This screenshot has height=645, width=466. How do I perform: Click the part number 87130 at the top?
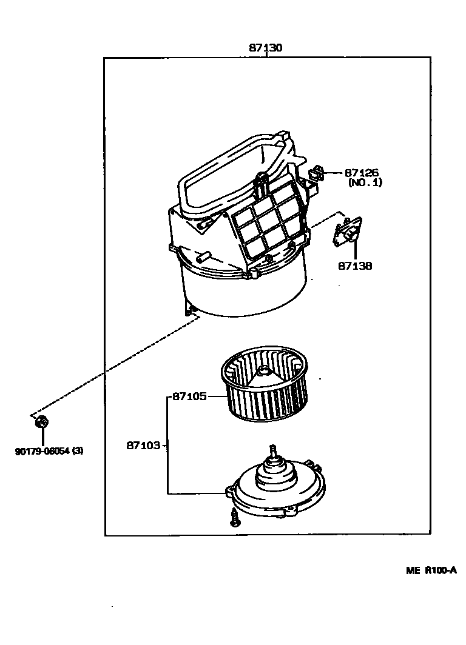tap(266, 47)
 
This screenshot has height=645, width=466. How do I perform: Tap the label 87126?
tap(362, 173)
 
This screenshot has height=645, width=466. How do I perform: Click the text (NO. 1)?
tap(365, 182)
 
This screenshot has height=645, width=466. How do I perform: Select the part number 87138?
tap(356, 266)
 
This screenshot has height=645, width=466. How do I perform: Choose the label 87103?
tap(143, 446)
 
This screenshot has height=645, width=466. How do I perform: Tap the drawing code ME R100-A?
tap(431, 570)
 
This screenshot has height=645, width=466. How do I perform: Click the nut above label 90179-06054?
tap(42, 423)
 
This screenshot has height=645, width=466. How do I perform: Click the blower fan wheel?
tap(265, 388)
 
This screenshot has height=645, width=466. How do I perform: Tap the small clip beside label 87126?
tap(317, 173)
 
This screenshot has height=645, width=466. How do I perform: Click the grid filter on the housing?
tap(266, 222)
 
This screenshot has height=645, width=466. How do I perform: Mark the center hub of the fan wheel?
tap(263, 372)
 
